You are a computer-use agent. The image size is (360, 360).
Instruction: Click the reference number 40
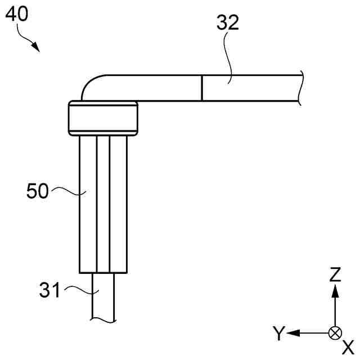pos(17,14)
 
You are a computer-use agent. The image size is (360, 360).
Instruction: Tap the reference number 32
pos(228,22)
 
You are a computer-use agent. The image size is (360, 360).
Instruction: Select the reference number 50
pos(39,191)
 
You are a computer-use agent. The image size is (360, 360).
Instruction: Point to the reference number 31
pos(50,290)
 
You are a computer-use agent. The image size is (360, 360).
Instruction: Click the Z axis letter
pos(335,274)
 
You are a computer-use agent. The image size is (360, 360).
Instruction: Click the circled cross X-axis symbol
pos(335,333)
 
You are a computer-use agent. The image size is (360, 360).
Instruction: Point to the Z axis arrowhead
pos(335,290)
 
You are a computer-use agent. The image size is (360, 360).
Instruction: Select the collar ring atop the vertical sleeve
pos(103,118)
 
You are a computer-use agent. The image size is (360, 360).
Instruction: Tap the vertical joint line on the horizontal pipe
pos(201,88)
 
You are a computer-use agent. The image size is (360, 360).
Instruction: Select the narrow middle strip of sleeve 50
pos(102,202)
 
